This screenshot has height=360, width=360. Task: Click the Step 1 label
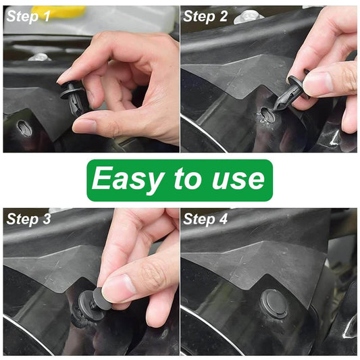[28, 16]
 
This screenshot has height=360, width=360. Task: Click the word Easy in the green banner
[126, 180]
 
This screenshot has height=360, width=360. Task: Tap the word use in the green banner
[236, 180]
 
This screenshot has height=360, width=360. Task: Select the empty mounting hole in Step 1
[24, 126]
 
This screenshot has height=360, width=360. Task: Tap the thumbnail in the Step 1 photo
[84, 126]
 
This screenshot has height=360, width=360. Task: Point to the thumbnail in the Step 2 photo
[317, 83]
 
